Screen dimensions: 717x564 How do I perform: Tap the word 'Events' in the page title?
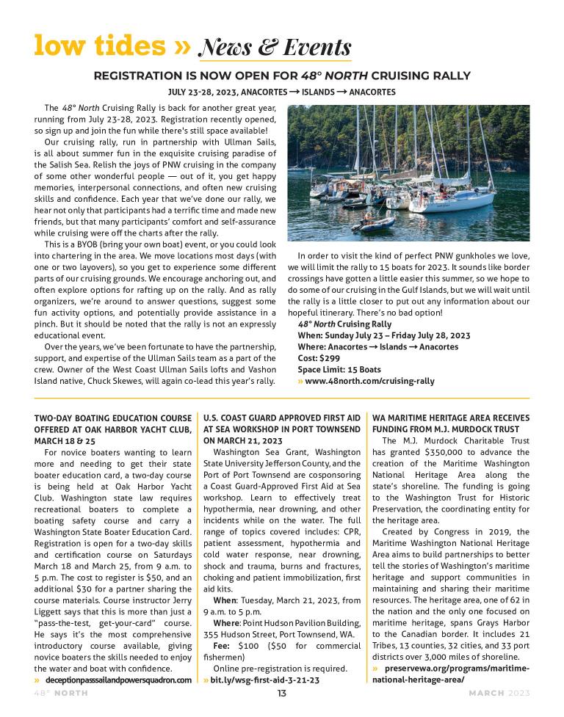[x=313, y=47]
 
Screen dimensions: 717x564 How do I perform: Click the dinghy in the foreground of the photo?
[x=375, y=222]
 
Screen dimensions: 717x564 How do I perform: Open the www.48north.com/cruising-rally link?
[x=369, y=382]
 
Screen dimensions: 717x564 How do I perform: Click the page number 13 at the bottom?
[x=281, y=694]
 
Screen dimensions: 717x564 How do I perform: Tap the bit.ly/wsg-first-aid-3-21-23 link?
[x=265, y=680]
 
